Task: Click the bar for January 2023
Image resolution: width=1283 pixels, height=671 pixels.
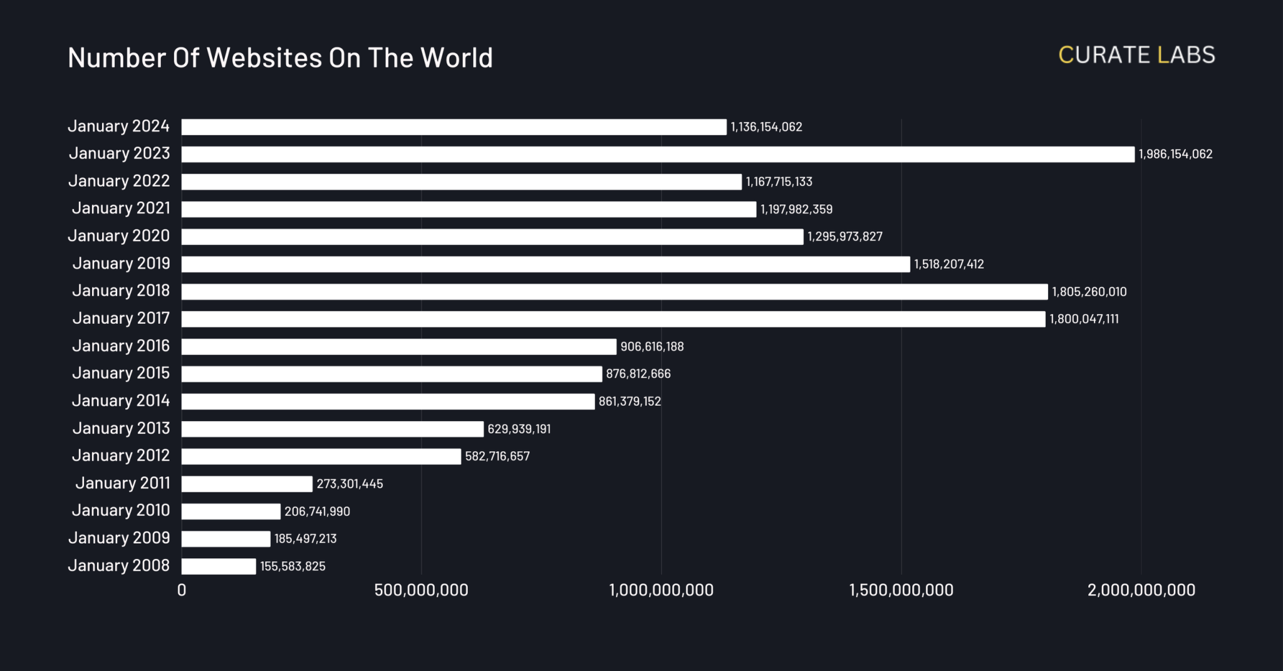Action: point(658,154)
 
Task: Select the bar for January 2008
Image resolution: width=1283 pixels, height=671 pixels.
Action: point(219,566)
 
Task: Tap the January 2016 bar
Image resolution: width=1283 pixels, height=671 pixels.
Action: point(399,346)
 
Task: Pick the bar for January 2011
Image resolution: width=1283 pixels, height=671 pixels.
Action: point(247,484)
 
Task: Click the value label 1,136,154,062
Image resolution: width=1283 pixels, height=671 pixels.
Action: point(766,127)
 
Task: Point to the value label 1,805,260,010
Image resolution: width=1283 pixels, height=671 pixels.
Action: point(1089,292)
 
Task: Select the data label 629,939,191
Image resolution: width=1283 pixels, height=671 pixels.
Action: point(519,429)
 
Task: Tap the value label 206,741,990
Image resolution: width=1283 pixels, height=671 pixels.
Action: point(317,512)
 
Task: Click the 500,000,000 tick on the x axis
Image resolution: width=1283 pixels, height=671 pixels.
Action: point(421,590)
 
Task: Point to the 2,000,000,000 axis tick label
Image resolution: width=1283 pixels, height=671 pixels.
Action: point(1141,590)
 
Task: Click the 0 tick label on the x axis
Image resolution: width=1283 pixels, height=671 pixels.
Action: point(182,590)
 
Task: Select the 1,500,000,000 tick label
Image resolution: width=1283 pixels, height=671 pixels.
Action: point(901,590)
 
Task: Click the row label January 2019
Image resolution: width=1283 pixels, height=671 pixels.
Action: point(121,263)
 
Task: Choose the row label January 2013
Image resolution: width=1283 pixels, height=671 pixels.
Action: point(121,429)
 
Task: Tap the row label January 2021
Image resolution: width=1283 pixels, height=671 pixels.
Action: point(121,208)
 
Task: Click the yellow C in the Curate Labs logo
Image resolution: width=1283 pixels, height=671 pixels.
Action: point(1066,55)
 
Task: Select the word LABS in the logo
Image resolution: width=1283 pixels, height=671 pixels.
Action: point(1186,55)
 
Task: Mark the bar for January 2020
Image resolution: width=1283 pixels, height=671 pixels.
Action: point(492,237)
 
